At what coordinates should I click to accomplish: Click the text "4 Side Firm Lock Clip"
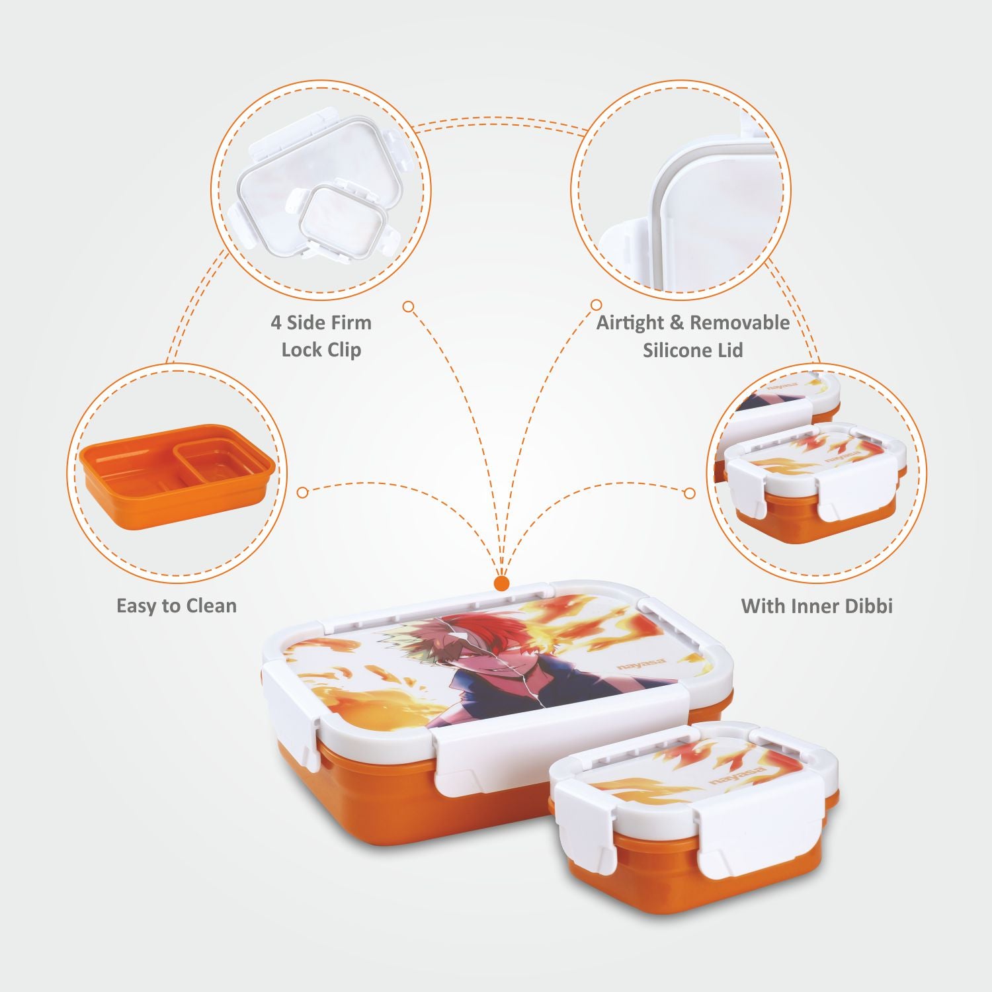321,336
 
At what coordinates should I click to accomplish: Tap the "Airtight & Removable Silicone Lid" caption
692,336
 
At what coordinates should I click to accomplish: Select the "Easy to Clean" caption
177,606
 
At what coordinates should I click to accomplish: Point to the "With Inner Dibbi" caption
817,606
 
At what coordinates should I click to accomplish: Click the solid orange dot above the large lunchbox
502,583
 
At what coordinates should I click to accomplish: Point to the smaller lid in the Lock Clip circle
343,222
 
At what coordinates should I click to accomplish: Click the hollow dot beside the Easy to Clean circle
303,493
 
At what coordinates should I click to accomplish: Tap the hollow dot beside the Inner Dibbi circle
690,493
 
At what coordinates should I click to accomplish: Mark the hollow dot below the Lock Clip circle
409,306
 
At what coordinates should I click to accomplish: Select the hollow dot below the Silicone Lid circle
596,305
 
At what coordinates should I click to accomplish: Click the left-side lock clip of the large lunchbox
292,708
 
